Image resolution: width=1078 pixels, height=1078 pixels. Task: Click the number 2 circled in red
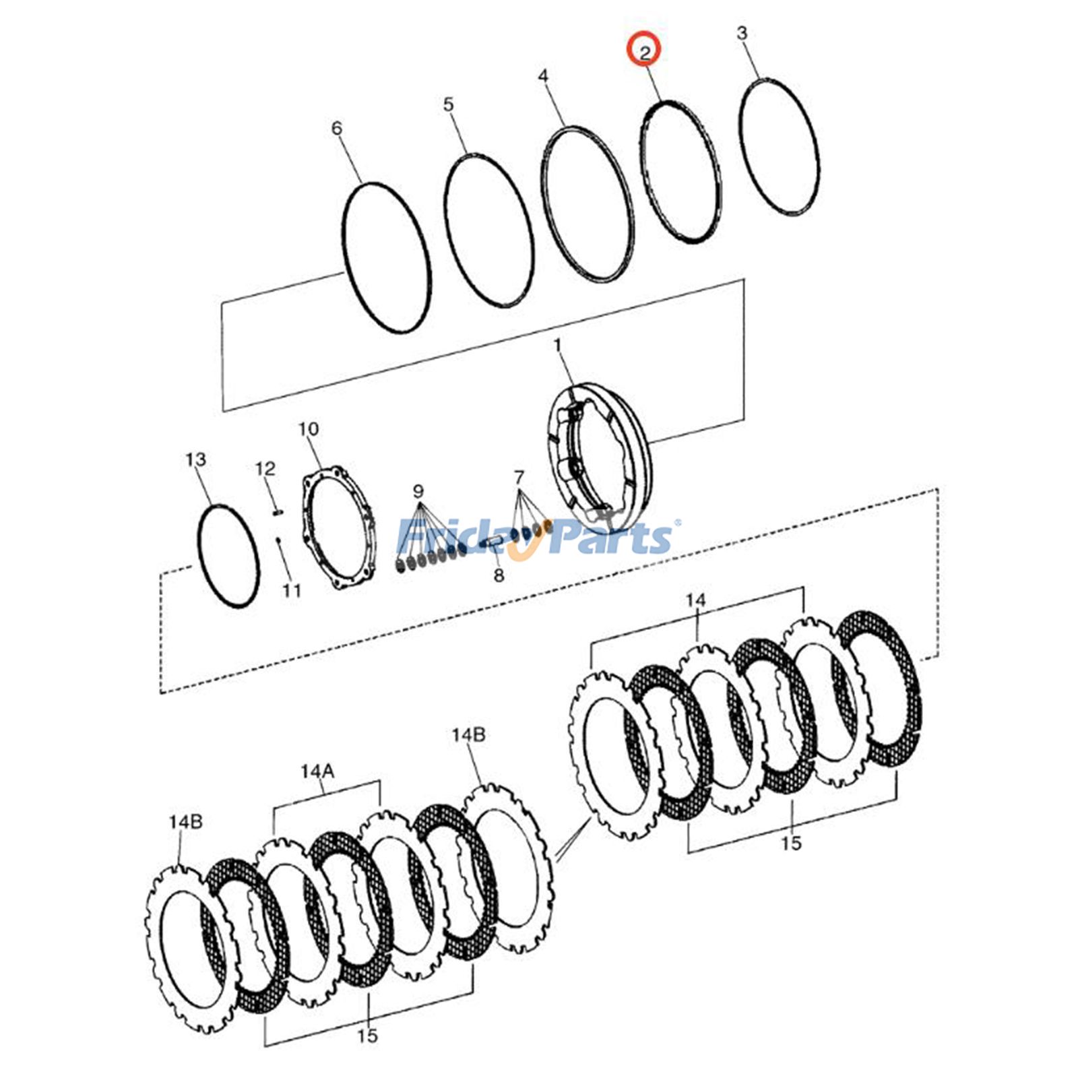(645, 51)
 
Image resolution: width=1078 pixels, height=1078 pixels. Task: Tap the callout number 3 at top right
(741, 33)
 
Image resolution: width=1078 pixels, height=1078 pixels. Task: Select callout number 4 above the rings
(543, 76)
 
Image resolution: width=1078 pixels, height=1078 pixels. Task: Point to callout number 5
(449, 105)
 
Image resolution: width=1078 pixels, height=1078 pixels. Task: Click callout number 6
(337, 129)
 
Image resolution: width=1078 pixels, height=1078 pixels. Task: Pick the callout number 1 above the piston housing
(557, 346)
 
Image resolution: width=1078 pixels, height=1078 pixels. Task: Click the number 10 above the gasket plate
(309, 429)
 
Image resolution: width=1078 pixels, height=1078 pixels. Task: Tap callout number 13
(195, 459)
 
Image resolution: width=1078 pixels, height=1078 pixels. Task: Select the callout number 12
(265, 468)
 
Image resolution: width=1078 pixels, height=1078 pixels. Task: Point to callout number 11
(291, 591)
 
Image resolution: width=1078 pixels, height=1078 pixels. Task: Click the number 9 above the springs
(418, 490)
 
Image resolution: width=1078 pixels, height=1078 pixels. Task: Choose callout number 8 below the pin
(499, 575)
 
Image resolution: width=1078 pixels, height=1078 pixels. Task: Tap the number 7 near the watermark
(518, 478)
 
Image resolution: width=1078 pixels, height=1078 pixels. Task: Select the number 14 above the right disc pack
(696, 600)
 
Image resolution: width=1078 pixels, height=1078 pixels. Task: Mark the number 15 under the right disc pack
(792, 842)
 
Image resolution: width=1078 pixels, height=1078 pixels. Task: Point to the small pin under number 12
(277, 513)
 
